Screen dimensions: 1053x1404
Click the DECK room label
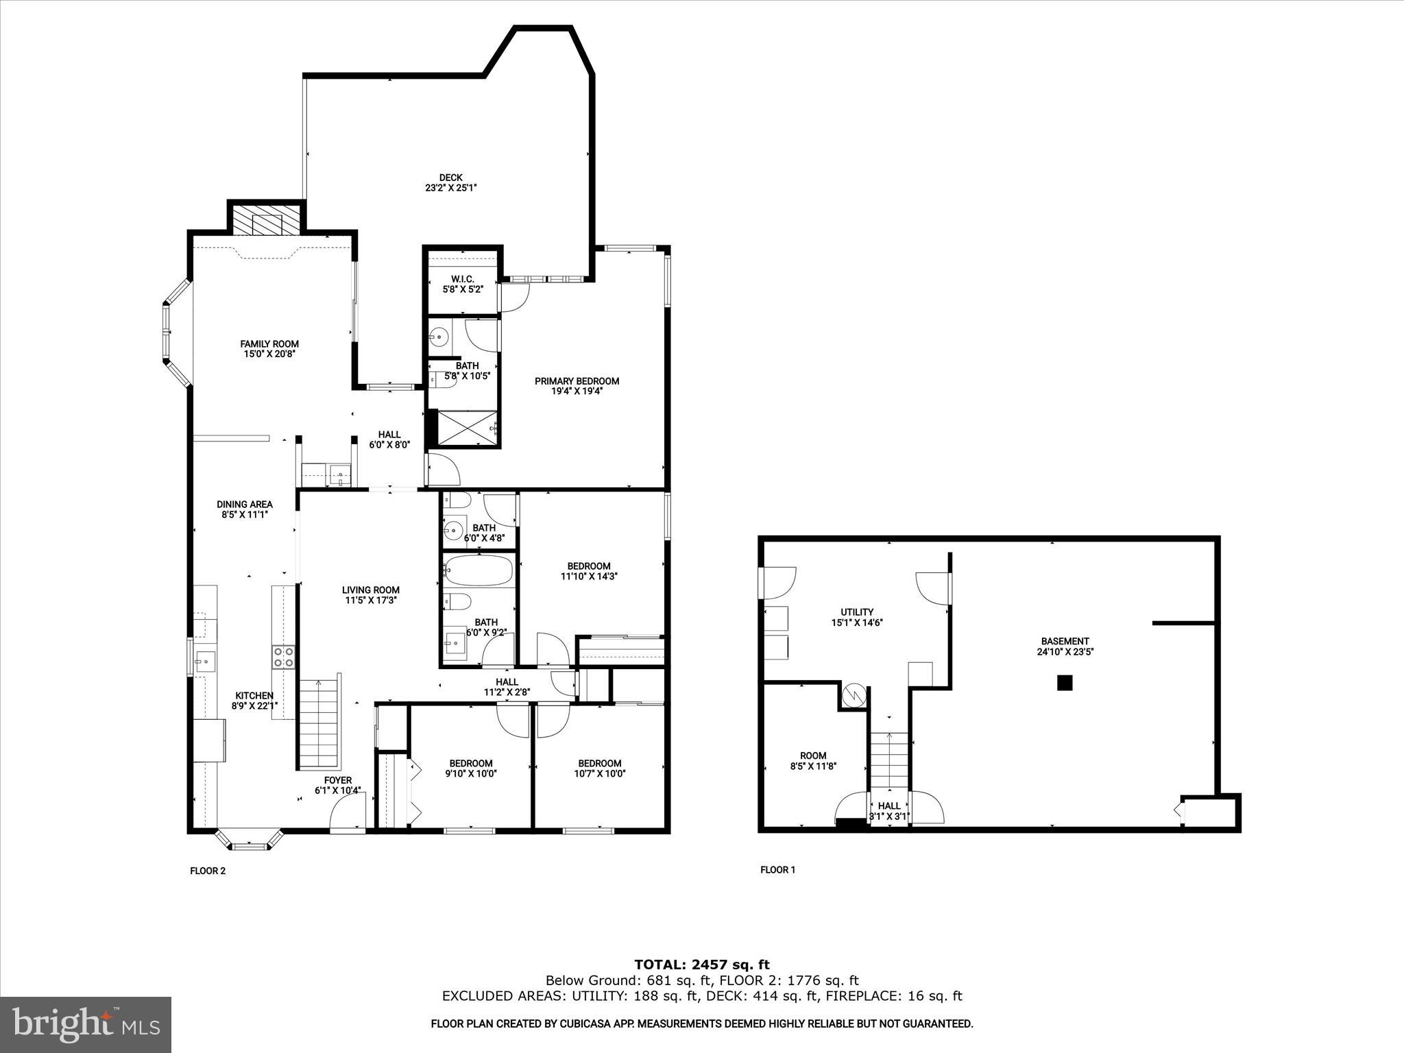[x=450, y=178]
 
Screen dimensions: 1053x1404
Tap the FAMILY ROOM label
[x=269, y=344]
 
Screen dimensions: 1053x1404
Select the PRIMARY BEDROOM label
[x=577, y=381]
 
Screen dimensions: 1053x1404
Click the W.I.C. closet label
[x=463, y=279]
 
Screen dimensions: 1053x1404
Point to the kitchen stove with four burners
[x=283, y=657]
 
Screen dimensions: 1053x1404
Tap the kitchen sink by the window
[x=204, y=662]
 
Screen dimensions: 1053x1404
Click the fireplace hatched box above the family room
[x=266, y=219]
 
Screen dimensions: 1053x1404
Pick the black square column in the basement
[x=1064, y=683]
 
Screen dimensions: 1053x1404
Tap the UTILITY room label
[x=857, y=612]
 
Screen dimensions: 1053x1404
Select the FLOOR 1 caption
[x=777, y=870]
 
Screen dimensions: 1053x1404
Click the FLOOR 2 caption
[x=208, y=871]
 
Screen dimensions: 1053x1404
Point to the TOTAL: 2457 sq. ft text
[x=701, y=965]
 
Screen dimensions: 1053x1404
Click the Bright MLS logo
[x=86, y=1024]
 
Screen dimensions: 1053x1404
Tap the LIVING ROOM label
[x=371, y=590]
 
